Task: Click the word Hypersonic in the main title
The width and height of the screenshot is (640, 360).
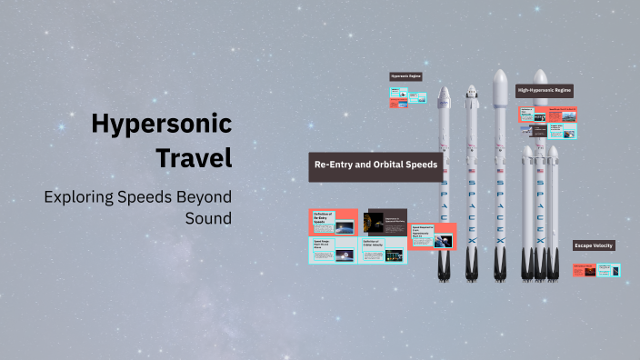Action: coord(161,124)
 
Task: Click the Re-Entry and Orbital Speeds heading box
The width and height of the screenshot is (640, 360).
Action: coord(376,165)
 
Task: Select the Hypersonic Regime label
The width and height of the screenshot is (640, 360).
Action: coord(405,77)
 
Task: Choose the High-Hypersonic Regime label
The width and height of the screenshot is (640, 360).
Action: coord(544,91)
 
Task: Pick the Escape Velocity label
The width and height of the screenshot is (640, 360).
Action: coord(593,245)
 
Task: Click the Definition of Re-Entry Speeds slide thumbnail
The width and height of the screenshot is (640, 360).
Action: coord(333,222)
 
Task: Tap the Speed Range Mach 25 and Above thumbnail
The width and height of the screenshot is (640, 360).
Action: coord(333,252)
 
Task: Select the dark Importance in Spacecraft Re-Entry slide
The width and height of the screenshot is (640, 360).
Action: coord(384,222)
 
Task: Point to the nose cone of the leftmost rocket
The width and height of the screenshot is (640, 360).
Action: coord(444,94)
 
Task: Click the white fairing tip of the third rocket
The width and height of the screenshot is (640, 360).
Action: coord(499,77)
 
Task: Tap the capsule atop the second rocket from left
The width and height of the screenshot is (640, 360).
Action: coord(471,93)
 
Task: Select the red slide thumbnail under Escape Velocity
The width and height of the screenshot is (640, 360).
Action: coord(584,269)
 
